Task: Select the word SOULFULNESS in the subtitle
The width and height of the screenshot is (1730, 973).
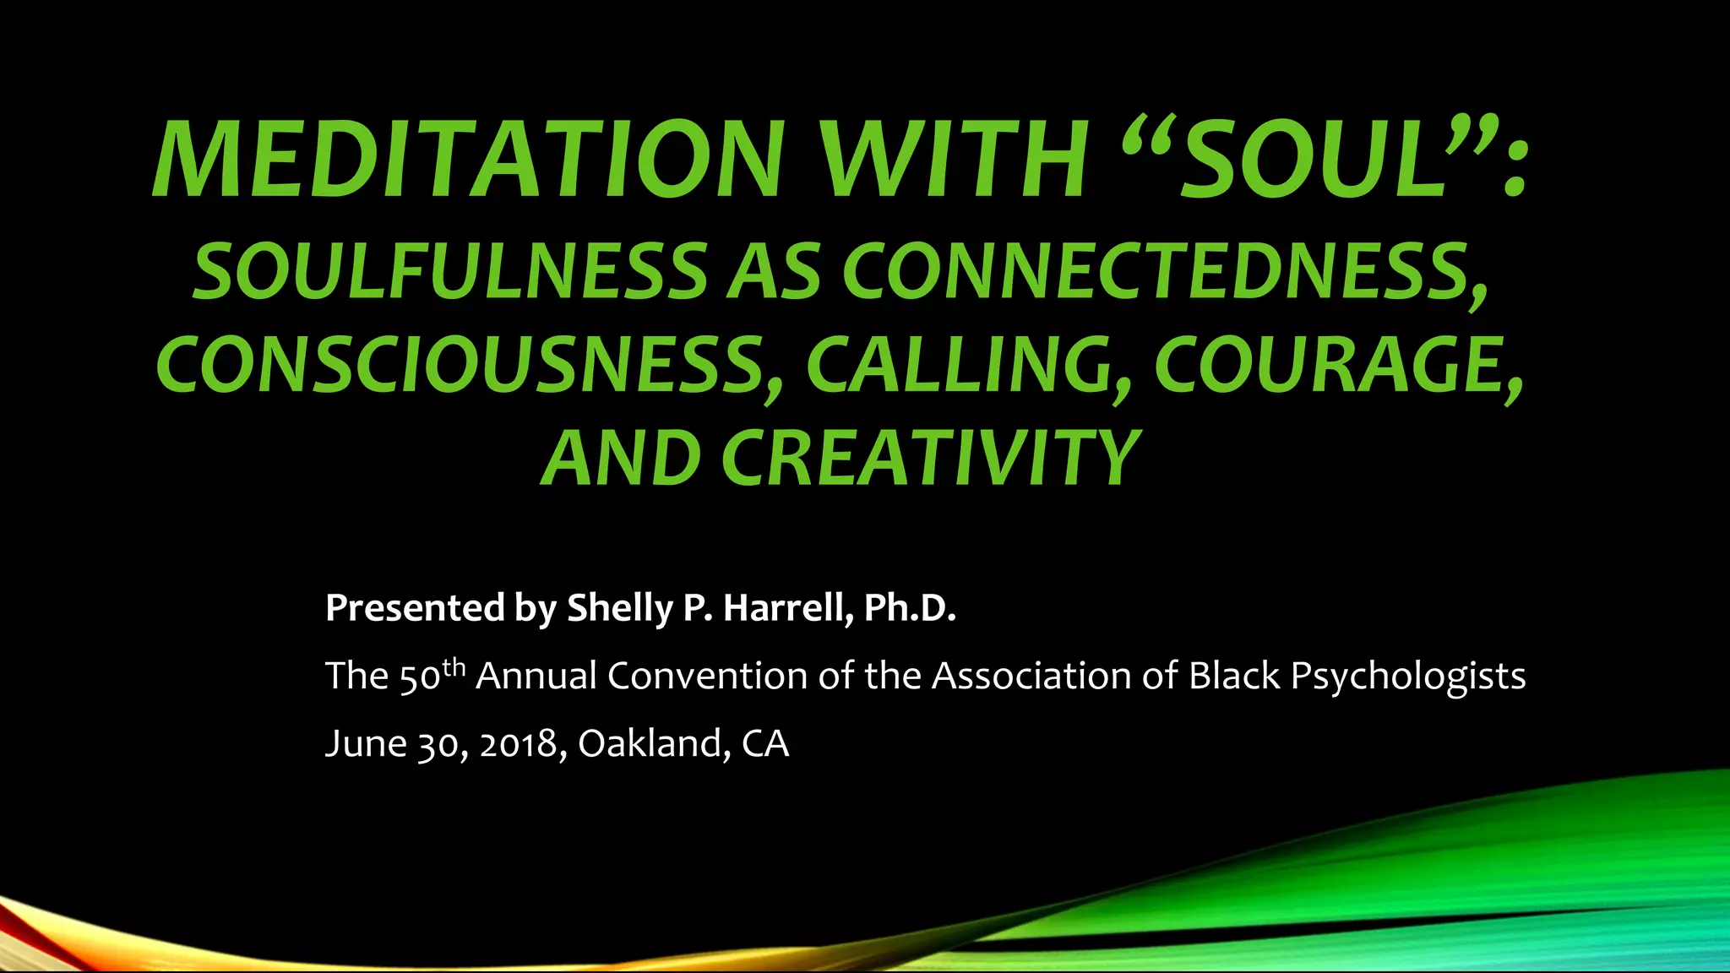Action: click(x=449, y=272)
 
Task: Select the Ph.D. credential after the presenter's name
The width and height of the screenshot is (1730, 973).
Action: click(x=910, y=608)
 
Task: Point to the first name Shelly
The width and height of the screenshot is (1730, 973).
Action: click(x=619, y=608)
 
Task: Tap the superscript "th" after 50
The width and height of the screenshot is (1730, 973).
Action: click(x=454, y=667)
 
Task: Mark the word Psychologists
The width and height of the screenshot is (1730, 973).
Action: click(x=1408, y=677)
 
